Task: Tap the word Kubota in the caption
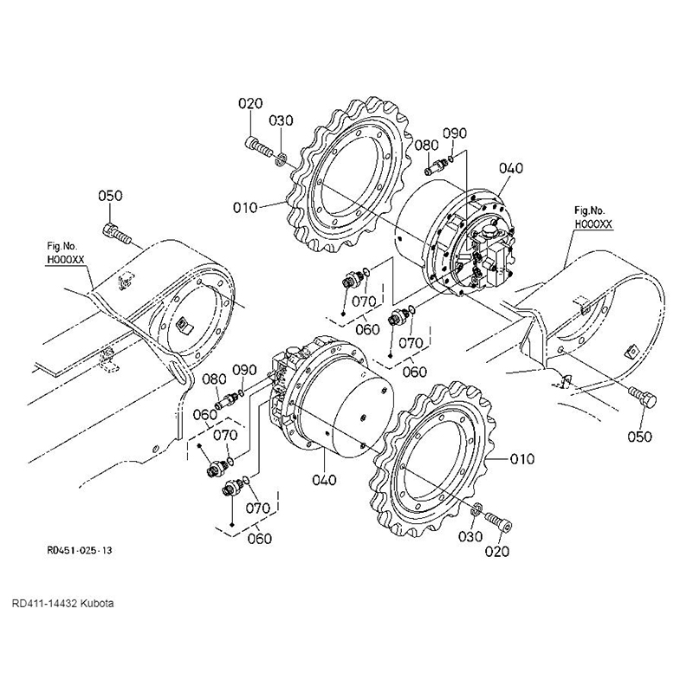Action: click(x=97, y=603)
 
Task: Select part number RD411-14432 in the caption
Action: click(x=45, y=603)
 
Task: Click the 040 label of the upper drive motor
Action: click(x=511, y=168)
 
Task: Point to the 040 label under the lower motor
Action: click(x=324, y=480)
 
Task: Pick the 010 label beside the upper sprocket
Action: click(x=245, y=207)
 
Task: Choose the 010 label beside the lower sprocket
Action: click(x=522, y=459)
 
